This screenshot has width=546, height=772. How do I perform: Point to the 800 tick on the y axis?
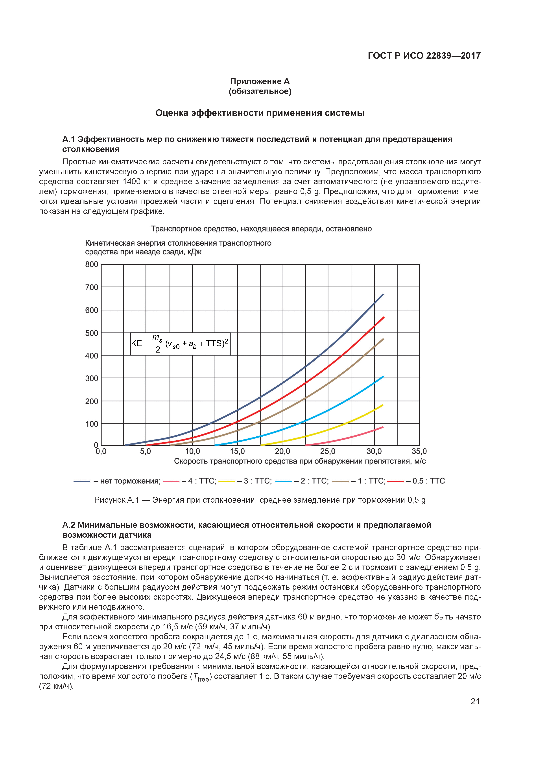[x=92, y=265]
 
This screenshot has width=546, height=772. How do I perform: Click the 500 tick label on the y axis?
[x=92, y=333]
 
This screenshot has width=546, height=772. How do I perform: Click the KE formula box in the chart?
[x=180, y=344]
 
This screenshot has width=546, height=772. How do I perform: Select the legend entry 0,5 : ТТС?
[x=425, y=481]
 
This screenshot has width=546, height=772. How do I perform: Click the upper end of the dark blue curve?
[x=383, y=294]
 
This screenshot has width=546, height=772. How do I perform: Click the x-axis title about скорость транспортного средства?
[x=299, y=461]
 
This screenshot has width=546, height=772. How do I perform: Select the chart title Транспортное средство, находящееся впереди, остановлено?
[x=261, y=229]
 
